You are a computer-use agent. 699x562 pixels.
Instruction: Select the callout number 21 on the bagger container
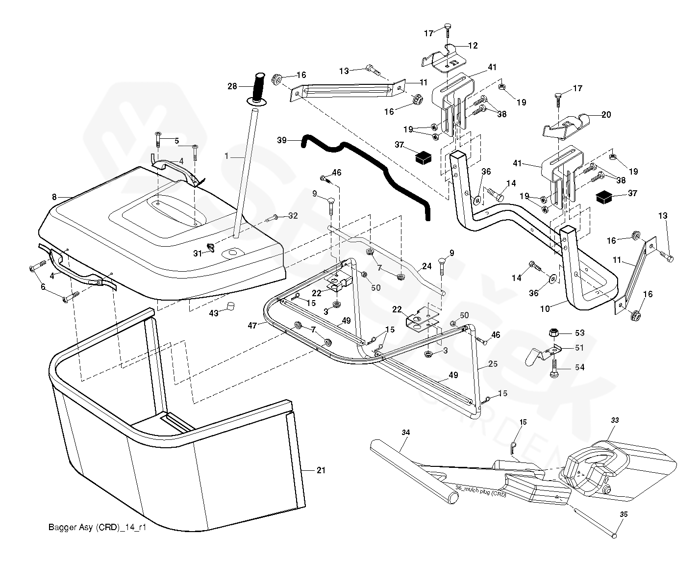coord(321,470)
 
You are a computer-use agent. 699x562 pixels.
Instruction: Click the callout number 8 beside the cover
coord(54,197)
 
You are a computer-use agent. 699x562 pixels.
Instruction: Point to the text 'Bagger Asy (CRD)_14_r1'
coord(98,528)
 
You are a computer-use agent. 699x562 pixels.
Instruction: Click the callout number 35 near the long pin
coord(624,514)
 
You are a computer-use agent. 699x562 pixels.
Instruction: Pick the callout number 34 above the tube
coord(405,432)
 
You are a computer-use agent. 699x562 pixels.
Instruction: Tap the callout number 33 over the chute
coord(615,420)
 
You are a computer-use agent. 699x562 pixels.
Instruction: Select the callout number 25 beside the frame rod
coord(493,364)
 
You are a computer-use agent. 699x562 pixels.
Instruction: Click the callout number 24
coord(426,266)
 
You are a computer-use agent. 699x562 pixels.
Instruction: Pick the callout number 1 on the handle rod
coord(227,156)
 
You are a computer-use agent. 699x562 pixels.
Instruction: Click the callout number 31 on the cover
coord(198,253)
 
